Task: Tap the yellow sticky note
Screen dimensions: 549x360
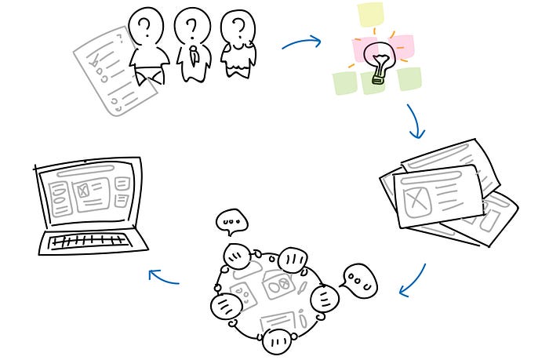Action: (370, 14)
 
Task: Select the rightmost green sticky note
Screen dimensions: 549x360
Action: (409, 78)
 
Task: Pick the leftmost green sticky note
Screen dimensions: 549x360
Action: (344, 82)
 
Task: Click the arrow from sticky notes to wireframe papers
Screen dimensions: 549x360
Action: (414, 121)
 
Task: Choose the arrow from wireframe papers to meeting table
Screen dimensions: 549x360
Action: (414, 282)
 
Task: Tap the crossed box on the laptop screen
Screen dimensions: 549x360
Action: (82, 189)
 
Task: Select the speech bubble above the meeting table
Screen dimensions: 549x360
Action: (231, 222)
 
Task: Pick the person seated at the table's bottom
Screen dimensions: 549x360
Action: (276, 340)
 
